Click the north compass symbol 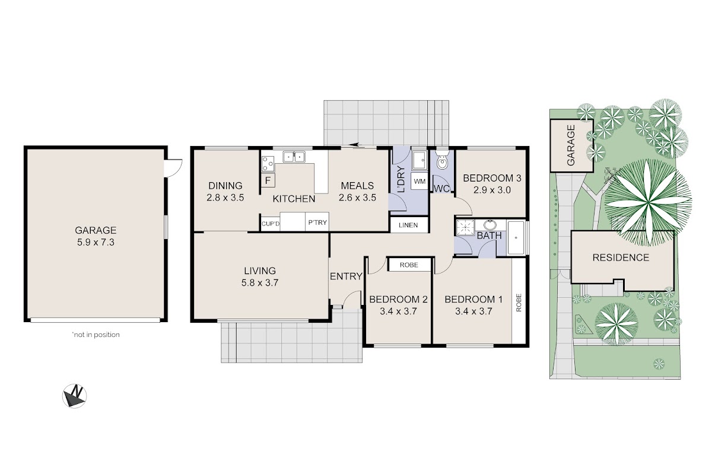[x=74, y=396]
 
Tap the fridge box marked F [x=268, y=180]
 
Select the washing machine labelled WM [x=419, y=181]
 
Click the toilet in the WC [x=442, y=160]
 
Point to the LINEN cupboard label [x=408, y=225]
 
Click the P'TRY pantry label [x=317, y=222]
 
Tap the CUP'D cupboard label [x=271, y=224]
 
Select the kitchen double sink [x=294, y=157]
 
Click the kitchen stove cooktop [x=268, y=164]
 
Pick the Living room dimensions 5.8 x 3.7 [x=260, y=282]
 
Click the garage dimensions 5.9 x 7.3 [x=96, y=242]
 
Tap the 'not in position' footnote [x=96, y=335]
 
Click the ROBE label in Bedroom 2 [x=409, y=265]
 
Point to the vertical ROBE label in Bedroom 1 [x=519, y=303]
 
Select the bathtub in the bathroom [x=516, y=238]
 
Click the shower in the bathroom [x=465, y=227]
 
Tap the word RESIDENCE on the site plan [x=621, y=257]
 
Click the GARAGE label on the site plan [x=571, y=145]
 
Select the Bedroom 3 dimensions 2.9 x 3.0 [x=492, y=190]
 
